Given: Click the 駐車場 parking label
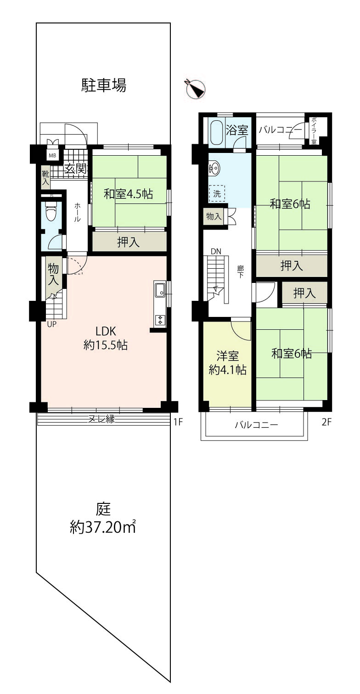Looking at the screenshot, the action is pos(103,85).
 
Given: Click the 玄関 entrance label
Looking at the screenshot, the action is pos(75,169).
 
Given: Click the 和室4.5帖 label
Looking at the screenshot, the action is pos(128,194).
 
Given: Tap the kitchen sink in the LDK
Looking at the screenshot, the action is pos(160,291).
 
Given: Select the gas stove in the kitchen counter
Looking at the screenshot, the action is pos(160,319).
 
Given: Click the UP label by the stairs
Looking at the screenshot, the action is pos(52,324).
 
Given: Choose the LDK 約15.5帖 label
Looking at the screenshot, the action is pos(106,338).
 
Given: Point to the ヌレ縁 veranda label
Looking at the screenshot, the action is pos(102,419).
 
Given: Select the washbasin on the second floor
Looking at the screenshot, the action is pos(214,169).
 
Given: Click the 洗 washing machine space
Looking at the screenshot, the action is pos(217,194).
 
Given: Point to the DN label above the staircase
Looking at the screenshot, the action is pos(216,251).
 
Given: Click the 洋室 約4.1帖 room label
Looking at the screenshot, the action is pos(227,363).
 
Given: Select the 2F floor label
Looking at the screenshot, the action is pos(326,422).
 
